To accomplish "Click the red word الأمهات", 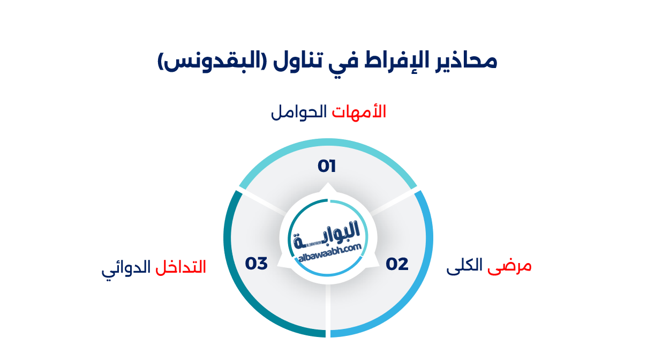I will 359,112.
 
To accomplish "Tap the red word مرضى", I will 510,266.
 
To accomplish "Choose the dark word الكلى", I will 464,266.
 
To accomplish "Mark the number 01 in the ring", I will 327,167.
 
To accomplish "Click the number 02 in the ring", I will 397,264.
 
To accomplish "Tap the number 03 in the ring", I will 256,264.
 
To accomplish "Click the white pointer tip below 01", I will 327,187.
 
